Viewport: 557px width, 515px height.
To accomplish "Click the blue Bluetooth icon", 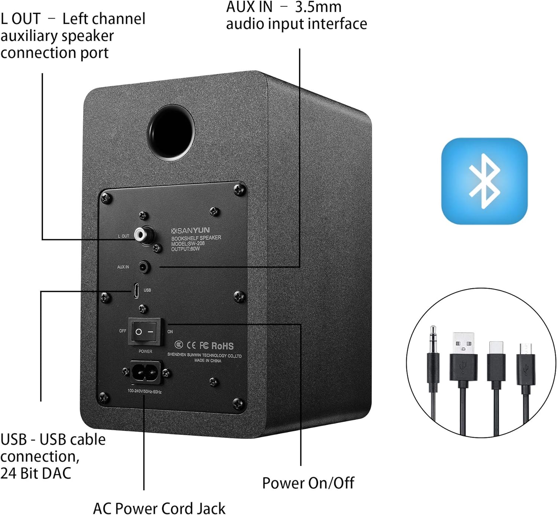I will [x=484, y=181].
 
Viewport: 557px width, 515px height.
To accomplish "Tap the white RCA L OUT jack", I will [x=141, y=234].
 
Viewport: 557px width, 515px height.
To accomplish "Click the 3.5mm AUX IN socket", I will [x=144, y=267].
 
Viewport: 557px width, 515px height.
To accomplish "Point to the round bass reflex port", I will [x=171, y=133].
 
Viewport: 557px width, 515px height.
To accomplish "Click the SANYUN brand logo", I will [x=190, y=231].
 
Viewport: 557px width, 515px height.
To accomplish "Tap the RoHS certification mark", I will [x=222, y=346].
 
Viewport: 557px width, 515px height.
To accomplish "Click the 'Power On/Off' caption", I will [x=308, y=483].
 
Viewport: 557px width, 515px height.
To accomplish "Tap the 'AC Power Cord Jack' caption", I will [x=159, y=508].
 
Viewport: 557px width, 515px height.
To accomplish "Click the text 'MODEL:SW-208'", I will [x=188, y=244].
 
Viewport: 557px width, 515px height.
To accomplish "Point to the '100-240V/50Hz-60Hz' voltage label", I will [x=144, y=391].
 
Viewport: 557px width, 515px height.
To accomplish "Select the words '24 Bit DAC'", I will [x=36, y=473].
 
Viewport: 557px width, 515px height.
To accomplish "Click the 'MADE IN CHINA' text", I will [x=208, y=361].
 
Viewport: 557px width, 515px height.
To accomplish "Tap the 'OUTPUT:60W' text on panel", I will [x=185, y=249].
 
